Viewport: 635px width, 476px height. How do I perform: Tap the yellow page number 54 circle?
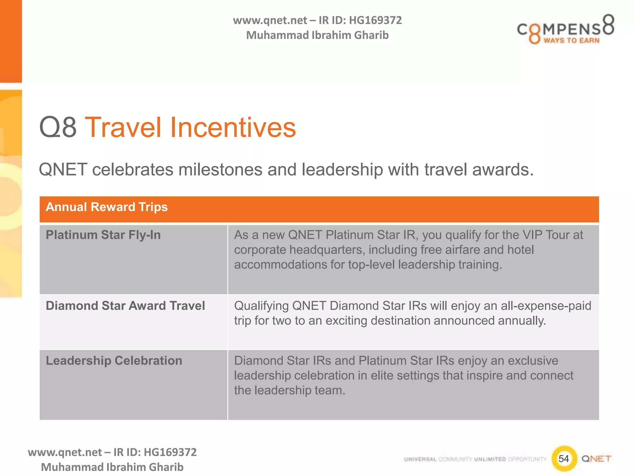[x=564, y=459]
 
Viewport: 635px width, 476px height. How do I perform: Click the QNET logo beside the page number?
[x=596, y=459]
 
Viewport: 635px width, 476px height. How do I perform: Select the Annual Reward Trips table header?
[x=107, y=207]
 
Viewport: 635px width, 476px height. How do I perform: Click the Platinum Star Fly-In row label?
[x=103, y=235]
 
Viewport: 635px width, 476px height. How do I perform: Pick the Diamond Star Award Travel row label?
[x=125, y=306]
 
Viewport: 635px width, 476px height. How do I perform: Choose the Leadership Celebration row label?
[x=114, y=361]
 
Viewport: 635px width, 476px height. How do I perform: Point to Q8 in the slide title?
[x=58, y=127]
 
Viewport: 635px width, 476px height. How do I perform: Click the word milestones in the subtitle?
[x=220, y=170]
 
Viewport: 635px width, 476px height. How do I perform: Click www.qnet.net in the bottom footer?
[x=64, y=452]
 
